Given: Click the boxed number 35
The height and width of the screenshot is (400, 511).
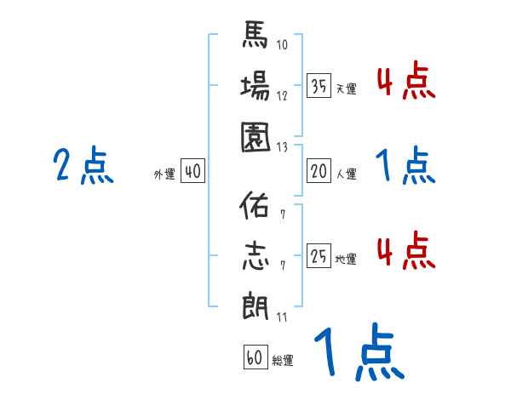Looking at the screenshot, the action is coord(318,86).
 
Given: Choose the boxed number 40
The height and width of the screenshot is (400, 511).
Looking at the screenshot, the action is coord(192,171).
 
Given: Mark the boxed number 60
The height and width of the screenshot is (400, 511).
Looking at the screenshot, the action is coord(254,357).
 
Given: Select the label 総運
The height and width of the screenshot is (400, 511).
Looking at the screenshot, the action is coord(282,360).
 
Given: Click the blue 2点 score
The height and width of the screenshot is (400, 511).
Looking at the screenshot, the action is coord(83,166).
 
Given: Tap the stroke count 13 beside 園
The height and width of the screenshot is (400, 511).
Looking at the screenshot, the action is coord(282,146).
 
